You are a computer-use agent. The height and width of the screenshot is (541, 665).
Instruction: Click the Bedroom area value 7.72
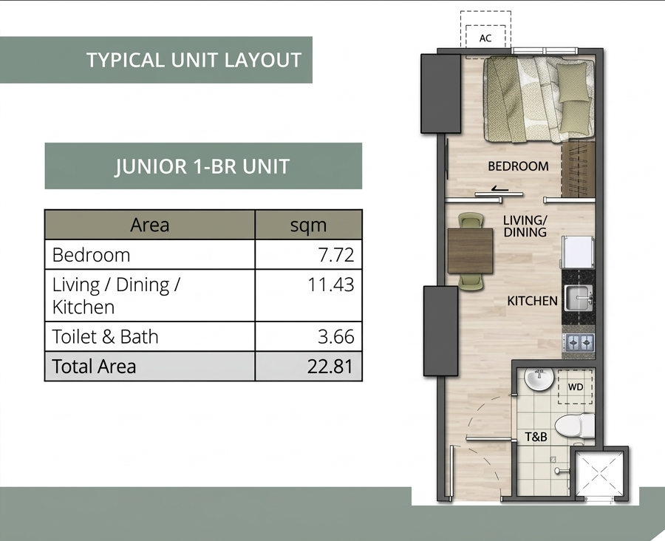pos(336,255)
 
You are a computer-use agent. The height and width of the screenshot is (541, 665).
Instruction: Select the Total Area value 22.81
pos(330,366)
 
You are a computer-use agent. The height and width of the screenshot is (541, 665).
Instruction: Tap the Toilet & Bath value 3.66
pos(336,336)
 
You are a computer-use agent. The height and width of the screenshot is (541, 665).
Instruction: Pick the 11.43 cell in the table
pos(331,285)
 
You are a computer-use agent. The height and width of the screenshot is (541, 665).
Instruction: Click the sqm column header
pos(308,225)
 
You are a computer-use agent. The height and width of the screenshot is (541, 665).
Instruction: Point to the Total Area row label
pos(94,366)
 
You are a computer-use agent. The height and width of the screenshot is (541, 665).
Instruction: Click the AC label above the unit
pos(485,38)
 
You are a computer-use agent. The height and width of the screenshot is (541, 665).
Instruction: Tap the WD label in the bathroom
pos(575,387)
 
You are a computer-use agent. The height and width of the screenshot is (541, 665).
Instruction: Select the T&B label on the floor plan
pos(536,436)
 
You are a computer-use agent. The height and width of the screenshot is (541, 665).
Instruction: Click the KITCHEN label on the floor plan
pos(532,301)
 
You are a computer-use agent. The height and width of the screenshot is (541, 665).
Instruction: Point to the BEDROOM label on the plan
pos(518,166)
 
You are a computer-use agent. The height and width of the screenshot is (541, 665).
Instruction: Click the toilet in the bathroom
pos(575,426)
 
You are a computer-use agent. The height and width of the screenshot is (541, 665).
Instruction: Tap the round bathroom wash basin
pos(539,378)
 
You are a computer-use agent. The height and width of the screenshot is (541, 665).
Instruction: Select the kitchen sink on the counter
pos(579,297)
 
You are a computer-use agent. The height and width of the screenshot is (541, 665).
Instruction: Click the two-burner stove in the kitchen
pos(579,342)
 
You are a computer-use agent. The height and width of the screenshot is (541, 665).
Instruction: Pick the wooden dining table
pos(471,251)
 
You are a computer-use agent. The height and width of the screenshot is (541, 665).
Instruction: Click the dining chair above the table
pos(471,221)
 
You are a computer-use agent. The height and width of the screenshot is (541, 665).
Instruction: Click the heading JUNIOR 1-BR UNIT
pos(202,166)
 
